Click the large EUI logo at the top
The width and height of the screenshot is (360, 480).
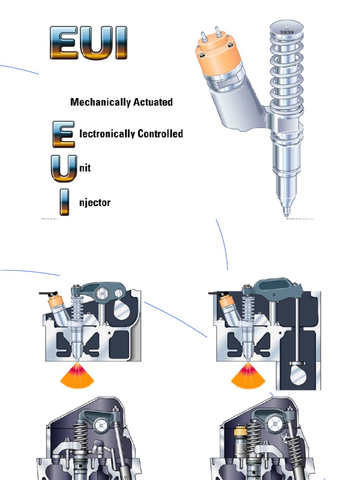pos(88,43)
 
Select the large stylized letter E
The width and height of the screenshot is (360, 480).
pos(63,134)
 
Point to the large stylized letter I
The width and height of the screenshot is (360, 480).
pos(64,202)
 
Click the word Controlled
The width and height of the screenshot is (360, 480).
pos(160,134)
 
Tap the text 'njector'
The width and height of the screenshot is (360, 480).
pos(95,203)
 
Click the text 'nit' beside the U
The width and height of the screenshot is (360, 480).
pos(85,168)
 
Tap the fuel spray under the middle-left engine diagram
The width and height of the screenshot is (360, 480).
pos(77,377)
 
